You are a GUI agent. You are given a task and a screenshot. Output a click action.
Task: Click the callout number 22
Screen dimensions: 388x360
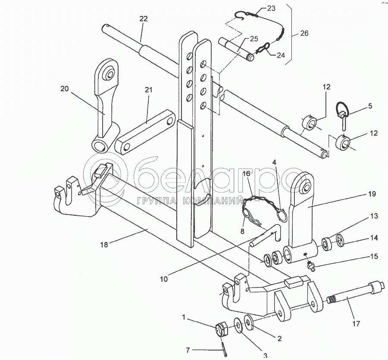coord(143,19)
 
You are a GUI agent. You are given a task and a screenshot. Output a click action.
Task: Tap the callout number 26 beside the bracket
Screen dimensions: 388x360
coord(304,33)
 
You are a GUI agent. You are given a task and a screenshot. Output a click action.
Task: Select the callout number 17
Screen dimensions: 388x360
coord(356,324)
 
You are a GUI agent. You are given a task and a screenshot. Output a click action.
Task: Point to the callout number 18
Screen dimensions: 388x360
coord(104,245)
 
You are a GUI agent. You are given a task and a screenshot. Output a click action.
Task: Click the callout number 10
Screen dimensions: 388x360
coord(164,279)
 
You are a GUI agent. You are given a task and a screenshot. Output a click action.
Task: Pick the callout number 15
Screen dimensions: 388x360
coord(374,256)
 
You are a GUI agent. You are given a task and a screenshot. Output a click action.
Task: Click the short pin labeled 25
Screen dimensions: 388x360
coord(236,49)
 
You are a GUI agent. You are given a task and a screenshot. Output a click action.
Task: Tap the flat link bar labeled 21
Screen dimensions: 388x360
coord(146,132)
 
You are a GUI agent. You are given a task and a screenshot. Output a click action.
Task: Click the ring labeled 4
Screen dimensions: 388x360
coord(282,214)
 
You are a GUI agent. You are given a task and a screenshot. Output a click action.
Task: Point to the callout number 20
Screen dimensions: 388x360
coord(65,89)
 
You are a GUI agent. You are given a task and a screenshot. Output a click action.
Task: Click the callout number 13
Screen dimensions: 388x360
coord(374,216)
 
